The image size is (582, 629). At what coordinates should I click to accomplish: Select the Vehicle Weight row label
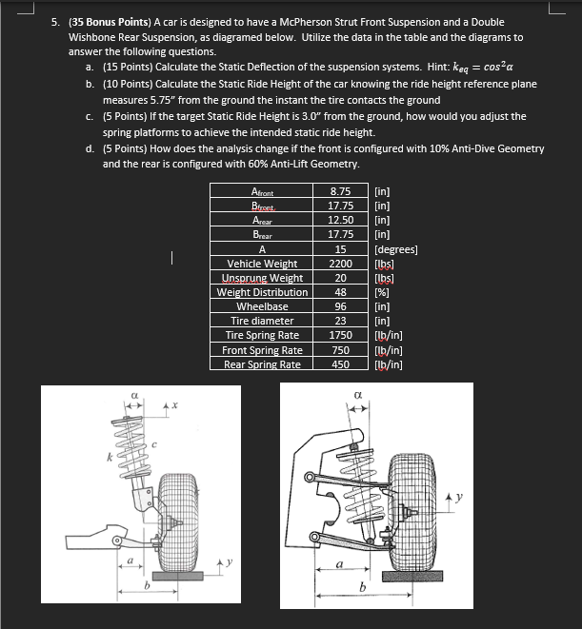pyautogui.click(x=262, y=264)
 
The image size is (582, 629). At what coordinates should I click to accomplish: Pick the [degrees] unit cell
pyautogui.click(x=397, y=250)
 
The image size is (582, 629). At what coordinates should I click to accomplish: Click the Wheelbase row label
pyautogui.click(x=262, y=306)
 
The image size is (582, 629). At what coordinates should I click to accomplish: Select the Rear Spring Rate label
pyautogui.click(x=262, y=364)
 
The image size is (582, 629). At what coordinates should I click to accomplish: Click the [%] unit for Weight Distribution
pyautogui.click(x=385, y=292)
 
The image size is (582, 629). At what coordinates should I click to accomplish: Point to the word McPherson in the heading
pyautogui.click(x=309, y=22)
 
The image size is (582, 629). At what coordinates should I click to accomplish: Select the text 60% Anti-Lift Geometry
pyautogui.click(x=305, y=164)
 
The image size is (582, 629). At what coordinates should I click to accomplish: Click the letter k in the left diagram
pyautogui.click(x=110, y=460)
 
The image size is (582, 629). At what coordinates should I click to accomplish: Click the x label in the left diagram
pyautogui.click(x=173, y=407)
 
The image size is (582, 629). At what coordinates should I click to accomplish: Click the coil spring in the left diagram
pyautogui.click(x=130, y=452)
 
